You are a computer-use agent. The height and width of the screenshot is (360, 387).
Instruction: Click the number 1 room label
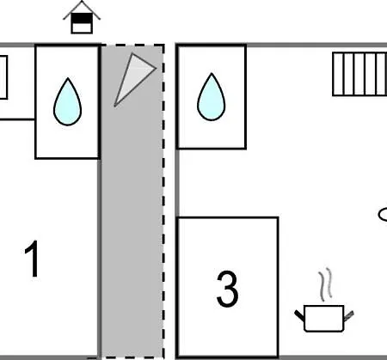coord(33,259)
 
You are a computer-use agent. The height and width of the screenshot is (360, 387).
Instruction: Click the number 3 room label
coord(227,289)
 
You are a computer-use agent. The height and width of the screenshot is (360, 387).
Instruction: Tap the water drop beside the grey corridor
coord(67,102)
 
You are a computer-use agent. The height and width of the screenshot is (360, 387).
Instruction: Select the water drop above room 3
coord(212,97)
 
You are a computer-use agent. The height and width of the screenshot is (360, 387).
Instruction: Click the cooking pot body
coord(324,319)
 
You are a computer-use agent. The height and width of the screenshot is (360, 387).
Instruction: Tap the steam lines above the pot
coord(325,284)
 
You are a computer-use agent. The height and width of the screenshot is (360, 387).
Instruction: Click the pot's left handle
coord(299,315)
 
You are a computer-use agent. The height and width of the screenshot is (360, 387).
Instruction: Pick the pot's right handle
coord(349,315)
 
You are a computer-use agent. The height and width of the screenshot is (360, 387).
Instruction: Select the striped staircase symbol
coord(359,74)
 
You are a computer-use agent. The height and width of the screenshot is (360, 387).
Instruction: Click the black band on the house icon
coord(82,19)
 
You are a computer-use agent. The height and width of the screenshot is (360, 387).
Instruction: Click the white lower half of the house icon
coord(82,28)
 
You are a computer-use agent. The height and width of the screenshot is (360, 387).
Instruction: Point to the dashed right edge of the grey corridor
coord(163,201)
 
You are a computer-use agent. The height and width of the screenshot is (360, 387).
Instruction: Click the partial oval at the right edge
coord(383,215)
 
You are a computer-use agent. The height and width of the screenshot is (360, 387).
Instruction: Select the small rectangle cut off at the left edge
coord(3,77)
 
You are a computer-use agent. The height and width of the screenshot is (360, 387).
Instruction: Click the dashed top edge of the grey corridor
coord(132,46)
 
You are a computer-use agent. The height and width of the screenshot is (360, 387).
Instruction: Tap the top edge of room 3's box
coord(227,218)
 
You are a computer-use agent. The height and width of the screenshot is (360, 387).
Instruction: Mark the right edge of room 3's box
coord(278,287)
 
